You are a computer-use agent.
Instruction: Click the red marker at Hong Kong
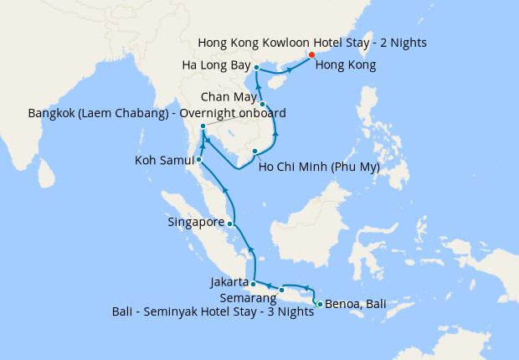click(311, 55)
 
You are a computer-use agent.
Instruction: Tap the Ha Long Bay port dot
click(256, 68)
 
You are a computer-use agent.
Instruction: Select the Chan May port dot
click(263, 105)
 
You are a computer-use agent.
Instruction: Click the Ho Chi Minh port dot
click(255, 152)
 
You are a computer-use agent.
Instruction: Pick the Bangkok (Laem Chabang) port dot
click(203, 126)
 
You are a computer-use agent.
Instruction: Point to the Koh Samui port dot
click(199, 159)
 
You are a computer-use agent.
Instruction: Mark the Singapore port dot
click(230, 224)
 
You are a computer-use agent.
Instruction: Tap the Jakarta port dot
click(253, 284)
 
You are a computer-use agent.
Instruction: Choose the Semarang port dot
click(282, 291)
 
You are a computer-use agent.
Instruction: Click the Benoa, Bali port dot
click(319, 303)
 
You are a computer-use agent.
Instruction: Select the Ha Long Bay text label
click(215, 64)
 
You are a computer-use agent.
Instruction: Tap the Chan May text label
click(227, 97)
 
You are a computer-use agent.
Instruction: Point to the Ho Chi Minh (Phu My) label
click(320, 167)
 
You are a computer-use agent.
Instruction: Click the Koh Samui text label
click(164, 159)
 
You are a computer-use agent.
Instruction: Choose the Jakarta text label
click(229, 282)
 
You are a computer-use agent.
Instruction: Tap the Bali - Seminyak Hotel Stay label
click(213, 311)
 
